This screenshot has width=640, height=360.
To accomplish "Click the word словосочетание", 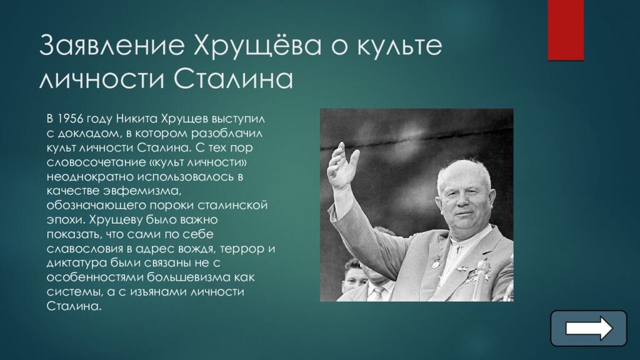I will [86, 162].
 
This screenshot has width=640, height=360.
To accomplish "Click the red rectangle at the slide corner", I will [566, 30].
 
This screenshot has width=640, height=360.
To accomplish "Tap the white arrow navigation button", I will [588, 328].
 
